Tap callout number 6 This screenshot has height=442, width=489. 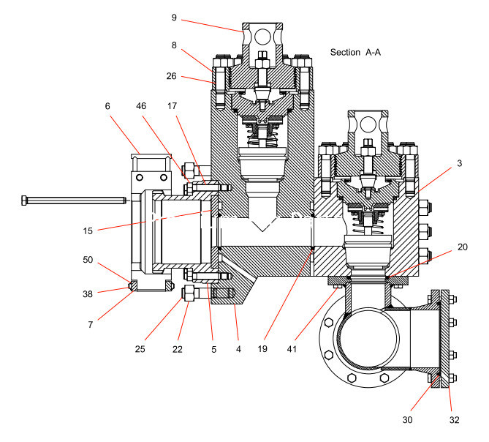108,106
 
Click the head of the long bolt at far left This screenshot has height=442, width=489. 26,198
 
